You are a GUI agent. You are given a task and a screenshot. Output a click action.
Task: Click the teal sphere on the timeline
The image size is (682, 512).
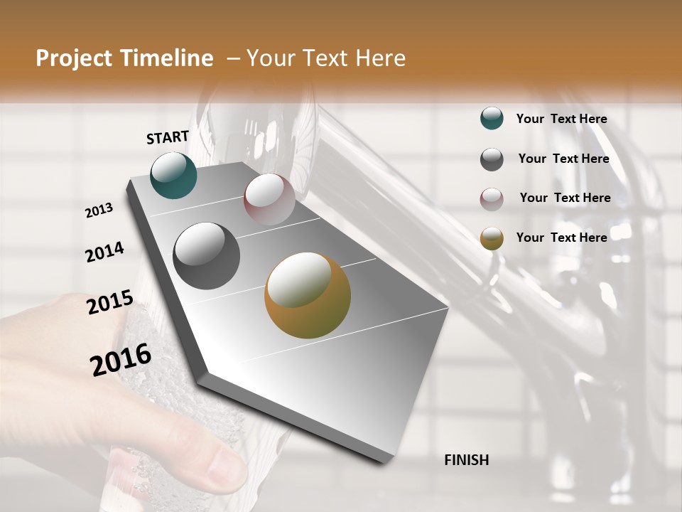pyautogui.click(x=174, y=176)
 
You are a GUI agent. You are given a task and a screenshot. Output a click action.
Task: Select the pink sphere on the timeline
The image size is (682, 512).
pyautogui.click(x=269, y=199)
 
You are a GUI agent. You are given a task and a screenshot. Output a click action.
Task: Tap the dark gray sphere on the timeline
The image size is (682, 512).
pyautogui.click(x=207, y=256)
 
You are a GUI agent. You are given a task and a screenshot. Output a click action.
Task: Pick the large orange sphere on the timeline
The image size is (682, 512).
pyautogui.click(x=308, y=295)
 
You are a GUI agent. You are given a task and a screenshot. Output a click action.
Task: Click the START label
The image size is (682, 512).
pyautogui.click(x=168, y=137)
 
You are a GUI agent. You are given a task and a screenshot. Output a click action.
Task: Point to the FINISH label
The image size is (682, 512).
pyautogui.click(x=466, y=460)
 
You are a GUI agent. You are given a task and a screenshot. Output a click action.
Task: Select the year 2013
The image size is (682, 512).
pyautogui.click(x=99, y=210)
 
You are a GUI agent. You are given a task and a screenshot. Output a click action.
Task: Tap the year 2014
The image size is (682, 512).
pyautogui.click(x=104, y=252)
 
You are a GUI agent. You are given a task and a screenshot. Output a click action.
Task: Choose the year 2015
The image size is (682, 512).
pyautogui.click(x=109, y=302)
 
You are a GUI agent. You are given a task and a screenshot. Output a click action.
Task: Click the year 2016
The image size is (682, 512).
pyautogui.click(x=121, y=360)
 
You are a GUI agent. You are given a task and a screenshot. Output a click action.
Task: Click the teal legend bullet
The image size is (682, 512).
pyautogui.click(x=492, y=119)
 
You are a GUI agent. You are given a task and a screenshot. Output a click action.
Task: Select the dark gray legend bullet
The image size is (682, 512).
pyautogui.click(x=492, y=159)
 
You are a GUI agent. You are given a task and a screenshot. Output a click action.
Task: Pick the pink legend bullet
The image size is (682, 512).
pyautogui.click(x=492, y=199)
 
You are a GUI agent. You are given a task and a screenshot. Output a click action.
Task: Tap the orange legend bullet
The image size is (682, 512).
pyautogui.click(x=492, y=238)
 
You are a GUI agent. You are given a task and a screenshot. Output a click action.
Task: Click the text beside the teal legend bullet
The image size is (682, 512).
pyautogui.click(x=561, y=119)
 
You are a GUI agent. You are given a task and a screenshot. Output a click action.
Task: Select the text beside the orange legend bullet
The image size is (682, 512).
pyautogui.click(x=561, y=238)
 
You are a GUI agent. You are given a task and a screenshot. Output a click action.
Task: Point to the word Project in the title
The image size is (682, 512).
pyautogui.click(x=73, y=58)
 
